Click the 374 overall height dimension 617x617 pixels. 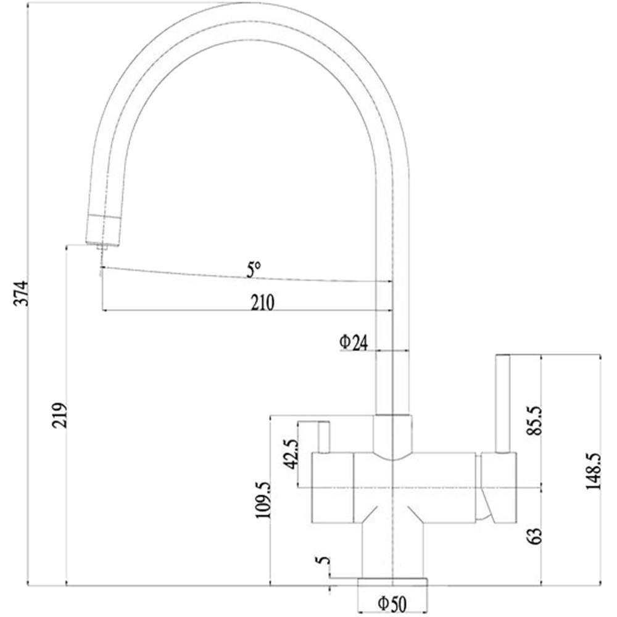[21, 293]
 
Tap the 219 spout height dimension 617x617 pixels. [59, 415]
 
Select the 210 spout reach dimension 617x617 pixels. [262, 302]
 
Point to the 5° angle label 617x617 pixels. [254, 270]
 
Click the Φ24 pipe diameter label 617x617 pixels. [354, 342]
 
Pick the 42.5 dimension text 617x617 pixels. [292, 455]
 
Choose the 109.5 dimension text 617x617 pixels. [263, 500]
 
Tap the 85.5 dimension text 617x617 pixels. [535, 420]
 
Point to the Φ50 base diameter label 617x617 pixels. [392, 603]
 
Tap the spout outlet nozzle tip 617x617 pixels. [102, 247]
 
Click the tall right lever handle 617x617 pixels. [502, 404]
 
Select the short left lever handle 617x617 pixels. [324, 437]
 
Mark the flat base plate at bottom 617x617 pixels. [392, 582]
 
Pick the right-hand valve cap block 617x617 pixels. [498, 487]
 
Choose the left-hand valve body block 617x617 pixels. [333, 488]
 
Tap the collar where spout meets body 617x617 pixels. [392, 437]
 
